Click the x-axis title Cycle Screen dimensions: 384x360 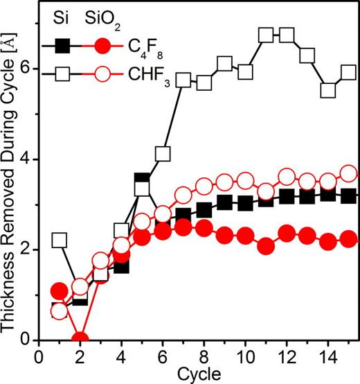point(198,374)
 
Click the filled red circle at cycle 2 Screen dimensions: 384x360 point(80,339)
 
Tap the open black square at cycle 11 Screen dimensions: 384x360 point(266,35)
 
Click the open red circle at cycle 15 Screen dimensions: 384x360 point(349,173)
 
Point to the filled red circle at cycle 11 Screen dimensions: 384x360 point(266,245)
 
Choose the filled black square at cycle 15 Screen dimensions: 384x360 point(349,196)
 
